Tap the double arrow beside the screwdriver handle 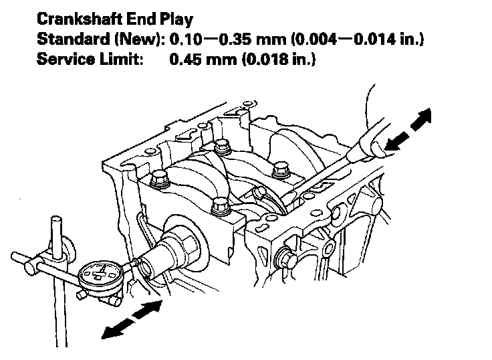tap(408, 130)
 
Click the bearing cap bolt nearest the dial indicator tap(218, 207)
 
